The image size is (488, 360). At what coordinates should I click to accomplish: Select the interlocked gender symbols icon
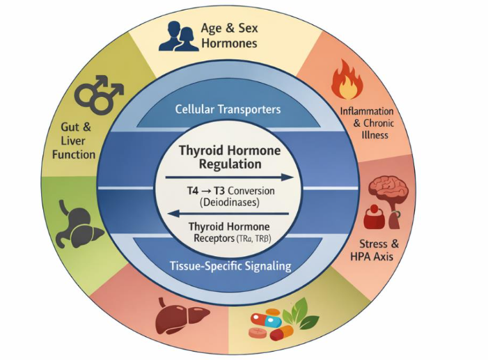98,95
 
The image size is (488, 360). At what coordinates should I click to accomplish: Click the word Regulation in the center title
230,164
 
